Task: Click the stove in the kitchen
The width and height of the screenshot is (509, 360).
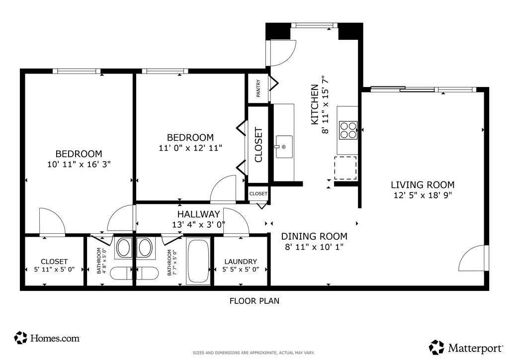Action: click(348, 130)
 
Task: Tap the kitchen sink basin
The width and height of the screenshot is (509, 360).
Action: click(284, 147)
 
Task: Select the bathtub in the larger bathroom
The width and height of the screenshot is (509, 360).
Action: click(198, 262)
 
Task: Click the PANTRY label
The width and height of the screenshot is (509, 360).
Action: click(258, 89)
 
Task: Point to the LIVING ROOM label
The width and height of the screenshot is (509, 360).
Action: click(423, 184)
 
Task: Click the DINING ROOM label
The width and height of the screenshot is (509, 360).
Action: click(314, 236)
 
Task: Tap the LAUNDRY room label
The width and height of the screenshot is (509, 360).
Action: click(241, 262)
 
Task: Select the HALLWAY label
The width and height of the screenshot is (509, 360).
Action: click(198, 214)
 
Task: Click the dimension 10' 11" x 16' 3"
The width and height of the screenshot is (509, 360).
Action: click(79, 164)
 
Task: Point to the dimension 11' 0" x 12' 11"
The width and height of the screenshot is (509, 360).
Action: click(190, 148)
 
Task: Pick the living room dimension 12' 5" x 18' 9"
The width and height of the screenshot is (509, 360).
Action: click(423, 195)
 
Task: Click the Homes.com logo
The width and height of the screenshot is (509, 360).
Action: click(47, 338)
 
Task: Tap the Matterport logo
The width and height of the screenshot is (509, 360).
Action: click(466, 348)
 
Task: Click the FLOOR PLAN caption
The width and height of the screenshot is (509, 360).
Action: click(254, 301)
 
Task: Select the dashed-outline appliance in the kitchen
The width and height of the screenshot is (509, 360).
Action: click(345, 168)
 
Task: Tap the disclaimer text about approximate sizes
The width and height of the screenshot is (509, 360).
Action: click(254, 353)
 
